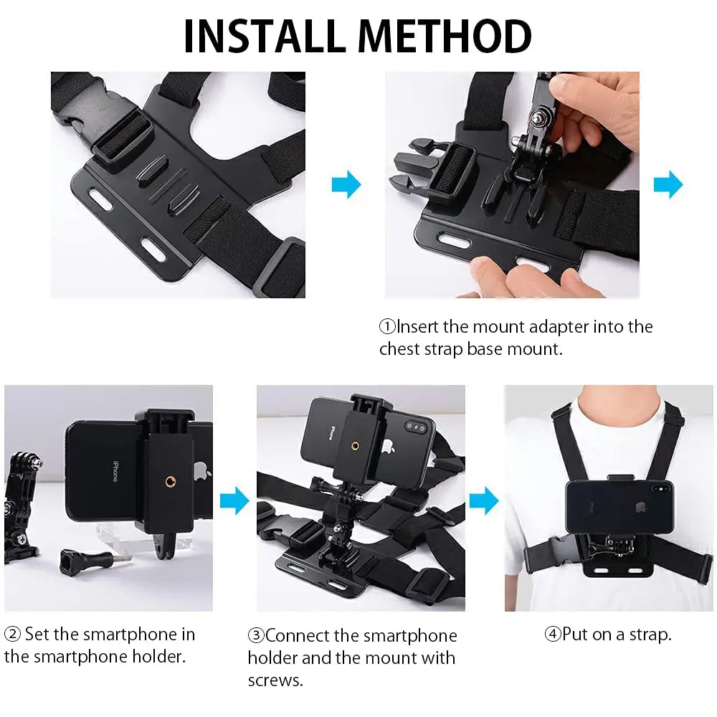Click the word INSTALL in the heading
[266, 37]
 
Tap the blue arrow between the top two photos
[346, 186]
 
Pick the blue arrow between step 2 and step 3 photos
[234, 500]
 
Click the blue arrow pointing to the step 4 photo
[484, 500]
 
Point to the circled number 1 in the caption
[387, 328]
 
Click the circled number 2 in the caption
[12, 635]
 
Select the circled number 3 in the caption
[256, 636]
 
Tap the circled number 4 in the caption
[552, 635]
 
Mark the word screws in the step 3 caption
[275, 680]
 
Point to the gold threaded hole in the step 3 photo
[356, 445]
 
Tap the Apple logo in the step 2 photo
[201, 471]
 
